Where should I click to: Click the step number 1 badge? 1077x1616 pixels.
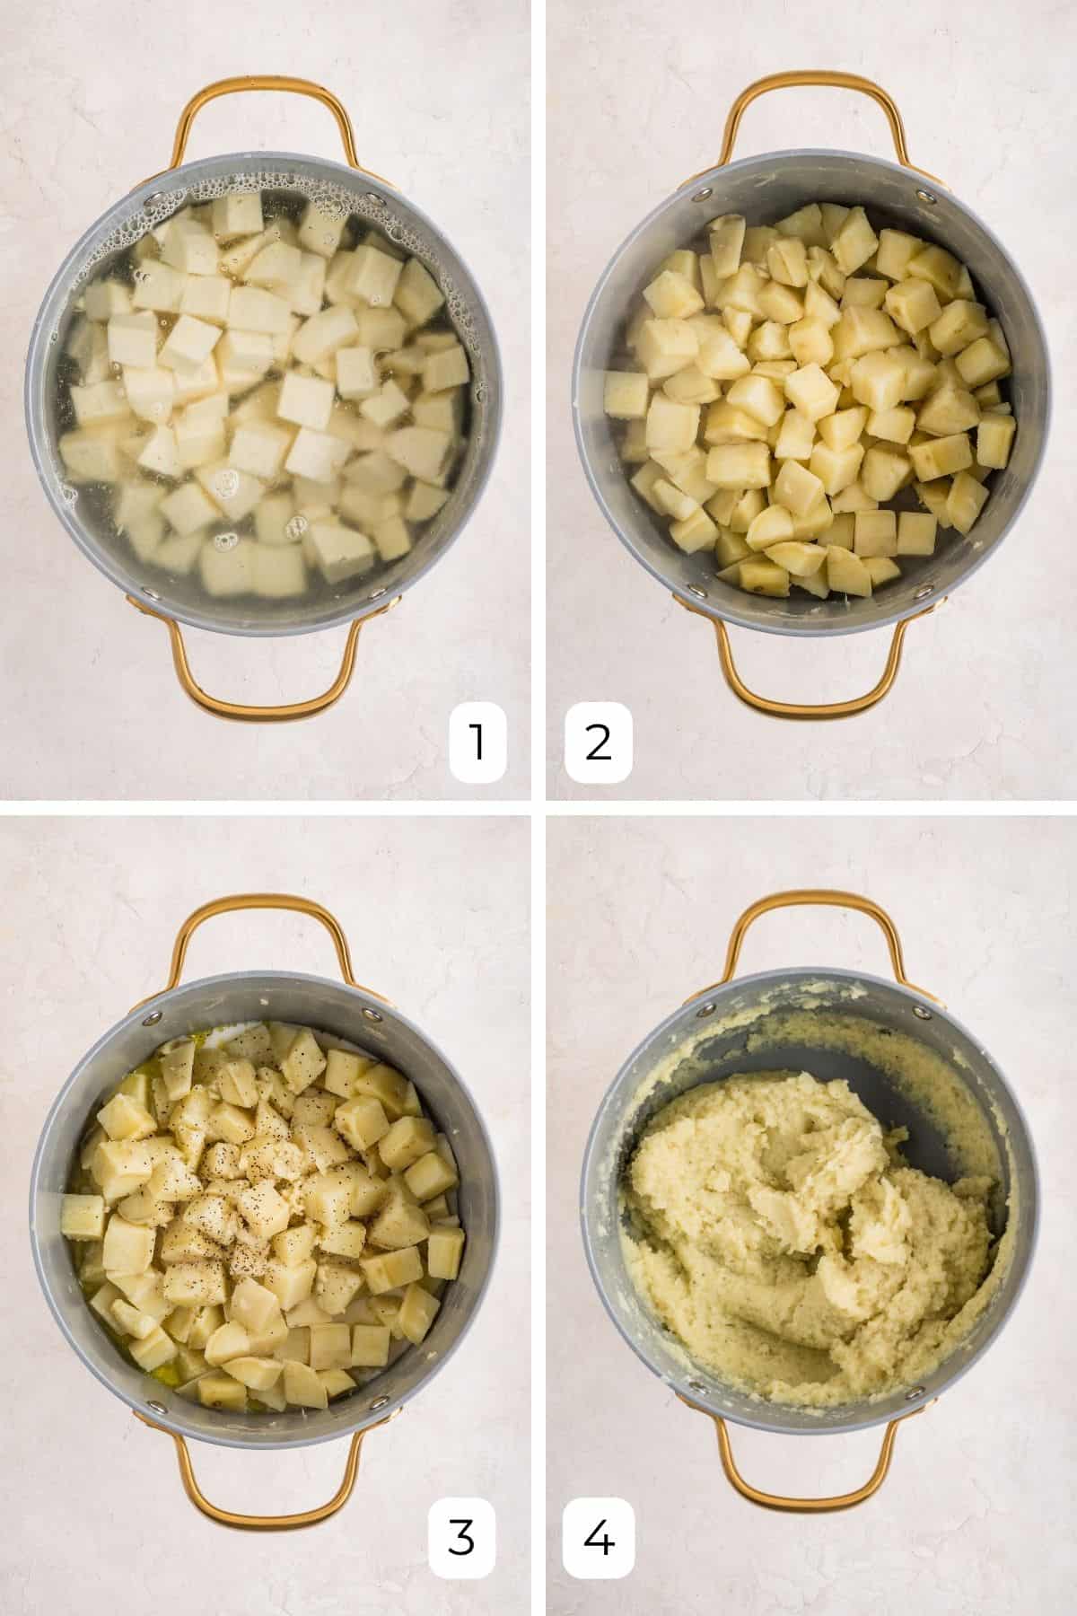pos(477,744)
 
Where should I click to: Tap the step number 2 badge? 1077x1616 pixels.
pos(599,744)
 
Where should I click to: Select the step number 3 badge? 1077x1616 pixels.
pos(461,1541)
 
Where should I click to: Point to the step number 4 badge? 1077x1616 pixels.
pos(599,1541)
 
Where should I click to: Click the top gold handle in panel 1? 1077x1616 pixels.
pos(267,90)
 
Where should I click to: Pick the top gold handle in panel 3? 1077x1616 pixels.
pos(267,907)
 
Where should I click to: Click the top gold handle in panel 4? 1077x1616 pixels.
pos(813,907)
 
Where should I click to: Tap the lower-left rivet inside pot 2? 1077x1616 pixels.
pos(692,591)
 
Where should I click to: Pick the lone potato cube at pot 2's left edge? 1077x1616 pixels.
pos(626,393)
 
